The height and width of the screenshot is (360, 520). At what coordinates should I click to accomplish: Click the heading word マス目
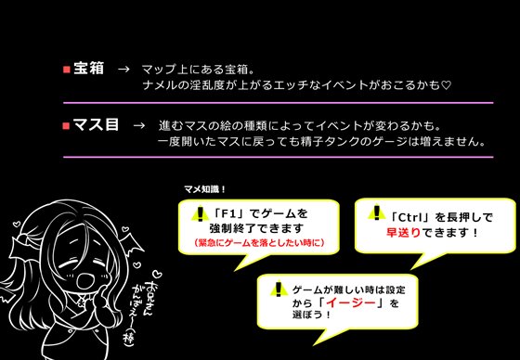pos(96,124)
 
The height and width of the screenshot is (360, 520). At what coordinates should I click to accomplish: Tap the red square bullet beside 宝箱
pos(65,70)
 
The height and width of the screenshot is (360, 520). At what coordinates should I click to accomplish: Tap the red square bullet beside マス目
pos(65,125)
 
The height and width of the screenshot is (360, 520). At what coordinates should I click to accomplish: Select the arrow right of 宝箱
pos(123,70)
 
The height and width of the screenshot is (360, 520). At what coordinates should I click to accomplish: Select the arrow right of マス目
pos(139,125)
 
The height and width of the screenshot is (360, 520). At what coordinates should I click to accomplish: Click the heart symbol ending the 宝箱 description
pos(446,85)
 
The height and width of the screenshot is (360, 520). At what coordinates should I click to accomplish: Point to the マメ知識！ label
pos(204,190)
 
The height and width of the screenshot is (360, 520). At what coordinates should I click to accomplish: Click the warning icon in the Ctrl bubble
pos(378,212)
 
